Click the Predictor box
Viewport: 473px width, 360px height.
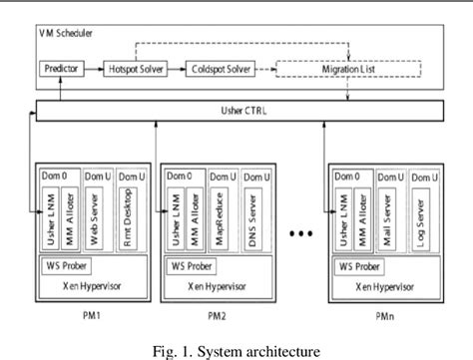(62, 70)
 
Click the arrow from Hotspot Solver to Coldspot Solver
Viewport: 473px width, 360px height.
(174, 70)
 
